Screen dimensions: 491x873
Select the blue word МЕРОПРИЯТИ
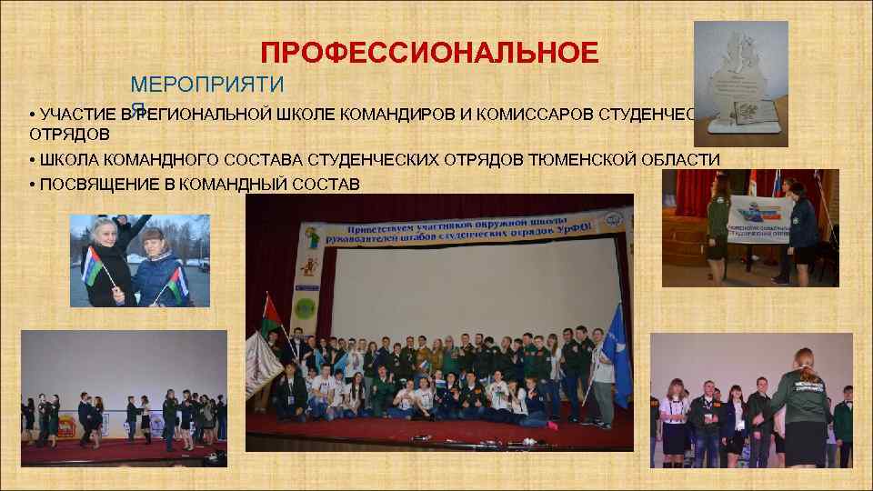coord(207,86)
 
